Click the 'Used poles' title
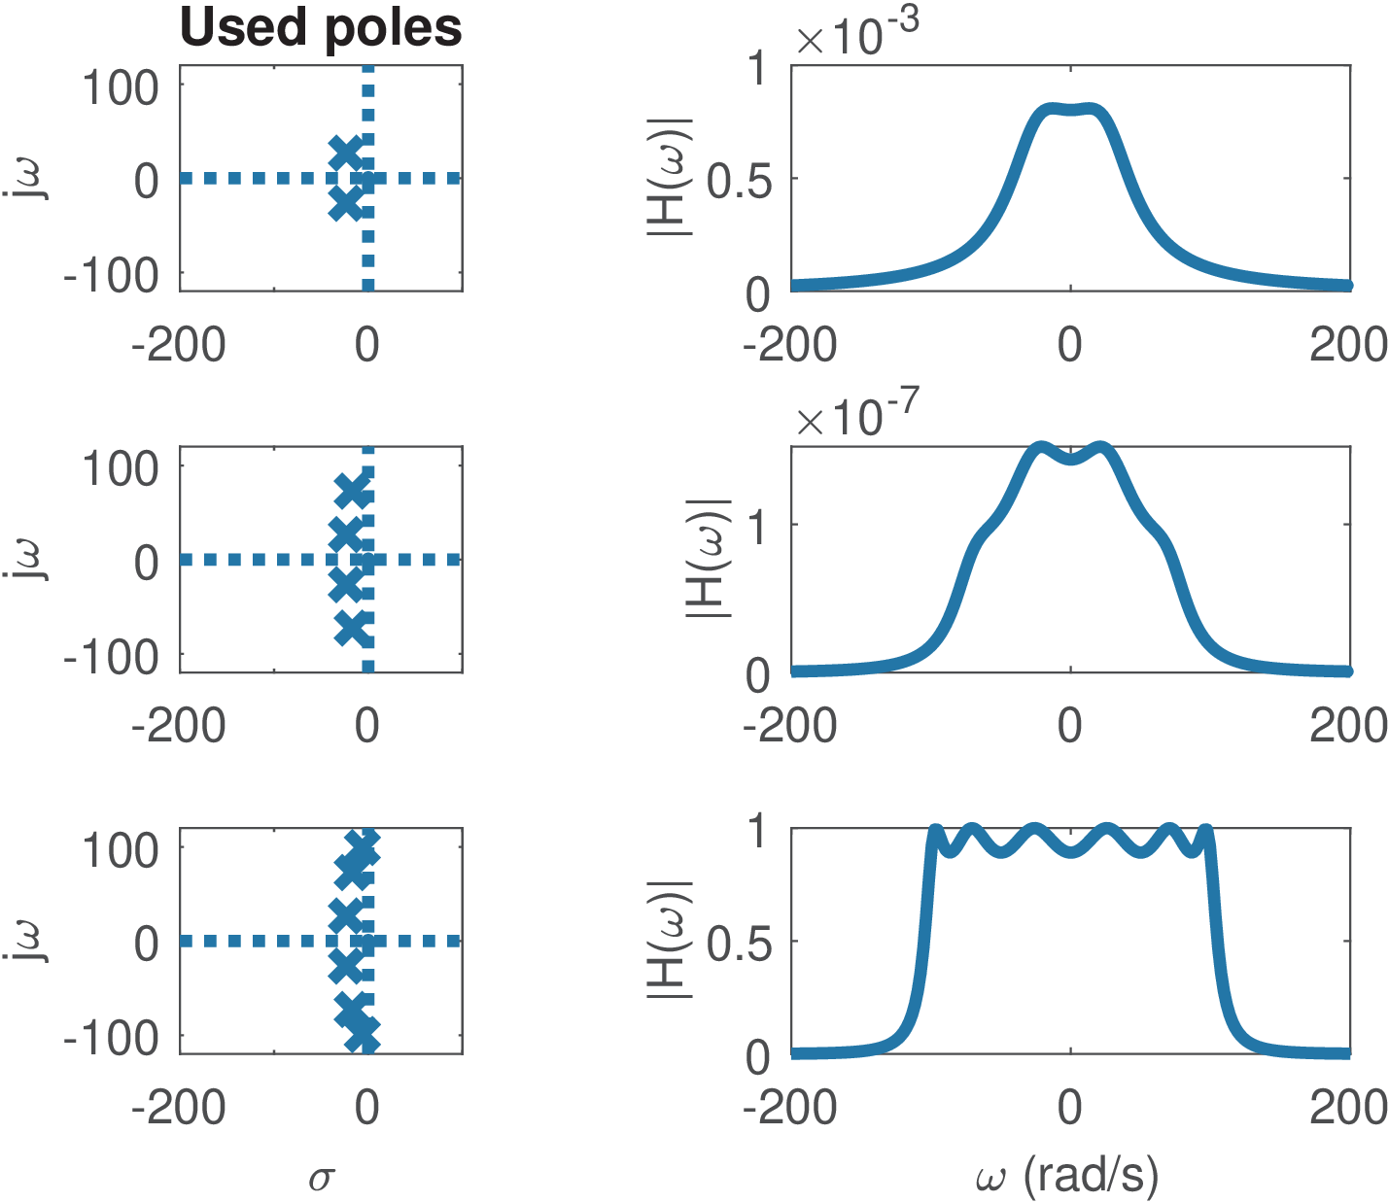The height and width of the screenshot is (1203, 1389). pos(321,27)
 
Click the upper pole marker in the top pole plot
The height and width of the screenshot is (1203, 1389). pos(345,153)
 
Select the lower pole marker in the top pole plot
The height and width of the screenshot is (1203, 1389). pos(345,204)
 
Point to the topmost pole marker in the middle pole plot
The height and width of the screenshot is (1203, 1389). pos(353,492)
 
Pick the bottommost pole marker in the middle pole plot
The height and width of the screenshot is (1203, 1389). pos(353,630)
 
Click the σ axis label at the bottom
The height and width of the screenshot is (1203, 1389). pos(321,1179)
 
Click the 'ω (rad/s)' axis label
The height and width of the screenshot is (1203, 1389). pos(1067,1176)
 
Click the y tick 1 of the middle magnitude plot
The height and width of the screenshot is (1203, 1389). pos(759,525)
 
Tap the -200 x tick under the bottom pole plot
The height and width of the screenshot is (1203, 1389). pos(179,1108)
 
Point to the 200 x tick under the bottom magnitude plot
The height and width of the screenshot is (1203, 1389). pos(1349,1108)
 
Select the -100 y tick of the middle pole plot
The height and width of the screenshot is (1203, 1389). pos(111,658)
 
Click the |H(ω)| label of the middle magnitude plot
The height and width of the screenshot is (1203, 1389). pos(708,559)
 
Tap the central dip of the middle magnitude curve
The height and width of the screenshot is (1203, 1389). pos(1070,459)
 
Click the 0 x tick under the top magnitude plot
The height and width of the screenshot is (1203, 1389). pos(1070,345)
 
